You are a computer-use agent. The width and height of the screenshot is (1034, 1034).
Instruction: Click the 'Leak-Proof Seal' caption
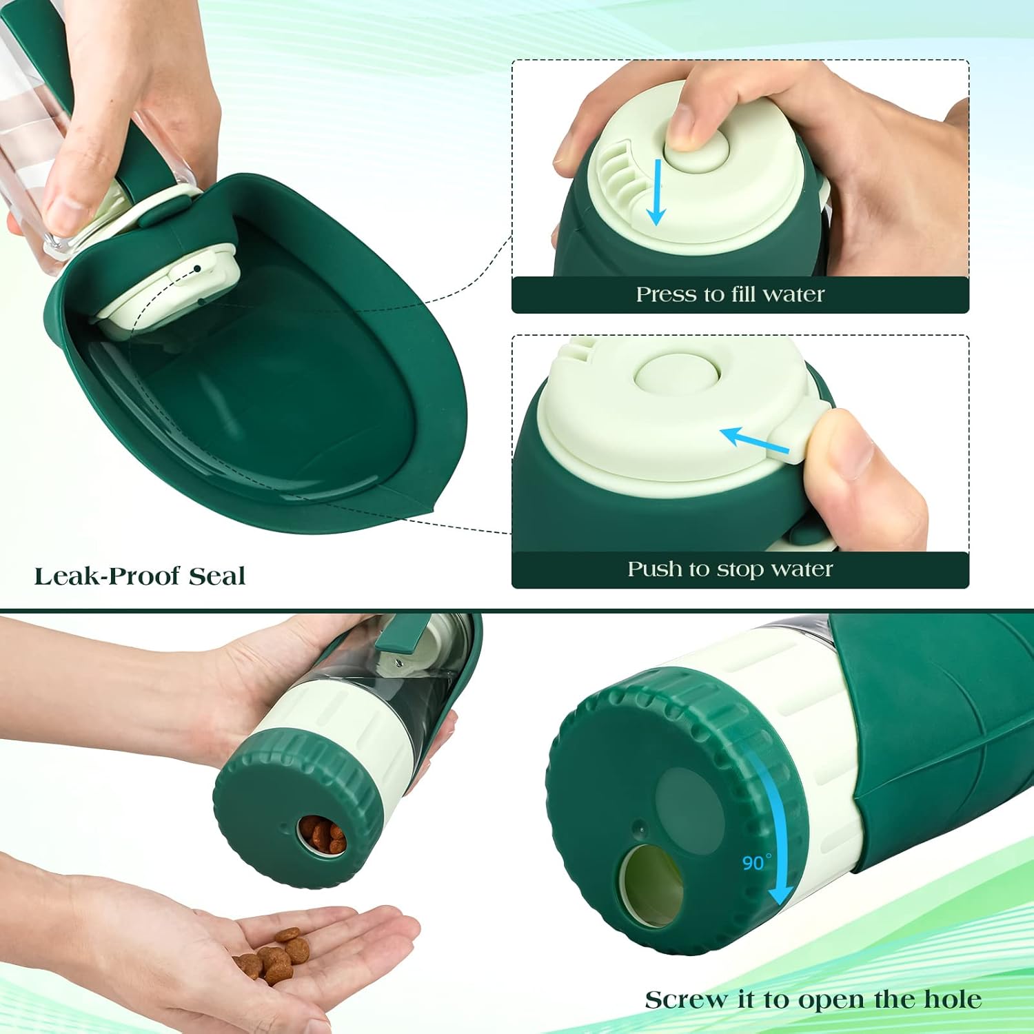coord(140,576)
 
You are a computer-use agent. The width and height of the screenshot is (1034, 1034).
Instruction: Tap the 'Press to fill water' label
coord(730,294)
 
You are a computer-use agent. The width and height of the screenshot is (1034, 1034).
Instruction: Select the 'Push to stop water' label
coord(730,569)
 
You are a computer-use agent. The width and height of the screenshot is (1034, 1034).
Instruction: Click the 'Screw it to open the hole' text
coord(813,1000)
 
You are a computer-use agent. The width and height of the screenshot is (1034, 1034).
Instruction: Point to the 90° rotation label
coord(756,862)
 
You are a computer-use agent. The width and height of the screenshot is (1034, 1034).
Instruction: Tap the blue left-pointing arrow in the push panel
coord(753,440)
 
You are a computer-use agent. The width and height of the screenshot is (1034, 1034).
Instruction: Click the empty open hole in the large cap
coord(651,885)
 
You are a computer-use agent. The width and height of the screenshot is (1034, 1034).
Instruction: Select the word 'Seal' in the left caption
coord(217,576)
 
